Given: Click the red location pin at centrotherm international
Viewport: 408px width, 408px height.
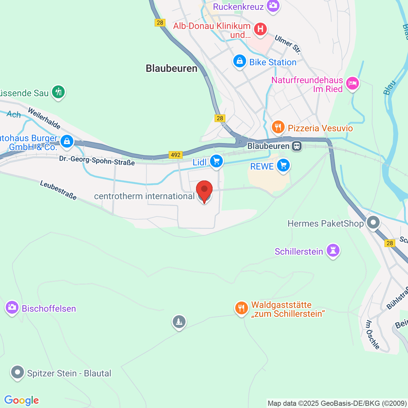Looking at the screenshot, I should pyautogui.click(x=204, y=190).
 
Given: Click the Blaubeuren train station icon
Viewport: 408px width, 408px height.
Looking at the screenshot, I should pyautogui.click(x=297, y=146).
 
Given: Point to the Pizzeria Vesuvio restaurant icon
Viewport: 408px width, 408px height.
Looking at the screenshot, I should pyautogui.click(x=278, y=128).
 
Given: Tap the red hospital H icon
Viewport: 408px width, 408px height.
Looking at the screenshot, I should pyautogui.click(x=260, y=29).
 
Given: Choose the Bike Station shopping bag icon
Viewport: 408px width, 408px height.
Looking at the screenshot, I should pyautogui.click(x=240, y=61).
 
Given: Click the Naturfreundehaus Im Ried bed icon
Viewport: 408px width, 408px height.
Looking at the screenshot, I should pyautogui.click(x=352, y=83).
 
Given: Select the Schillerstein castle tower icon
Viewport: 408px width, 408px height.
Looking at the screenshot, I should pyautogui.click(x=333, y=251).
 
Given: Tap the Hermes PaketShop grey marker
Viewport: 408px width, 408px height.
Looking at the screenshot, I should pyautogui.click(x=373, y=223).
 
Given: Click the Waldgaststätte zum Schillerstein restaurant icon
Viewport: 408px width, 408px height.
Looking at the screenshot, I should pyautogui.click(x=241, y=308).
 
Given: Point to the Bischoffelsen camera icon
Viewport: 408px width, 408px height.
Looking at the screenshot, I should pyautogui.click(x=12, y=307).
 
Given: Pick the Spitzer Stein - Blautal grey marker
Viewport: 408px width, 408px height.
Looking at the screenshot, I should pyautogui.click(x=17, y=372).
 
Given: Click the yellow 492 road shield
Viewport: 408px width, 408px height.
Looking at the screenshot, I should pyautogui.click(x=175, y=155).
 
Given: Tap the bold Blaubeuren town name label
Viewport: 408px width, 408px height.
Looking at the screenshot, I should pyautogui.click(x=171, y=68).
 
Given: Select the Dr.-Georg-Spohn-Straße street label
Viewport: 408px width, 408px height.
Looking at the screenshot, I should pyautogui.click(x=97, y=160).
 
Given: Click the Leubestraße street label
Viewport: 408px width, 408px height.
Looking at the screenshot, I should pyautogui.click(x=58, y=190).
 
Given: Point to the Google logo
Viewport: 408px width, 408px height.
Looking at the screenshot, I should pyautogui.click(x=21, y=401).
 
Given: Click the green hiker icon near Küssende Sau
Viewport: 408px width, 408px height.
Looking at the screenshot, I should pyautogui.click(x=58, y=92).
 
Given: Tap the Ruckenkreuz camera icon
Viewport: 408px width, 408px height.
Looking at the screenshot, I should pyautogui.click(x=273, y=5).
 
